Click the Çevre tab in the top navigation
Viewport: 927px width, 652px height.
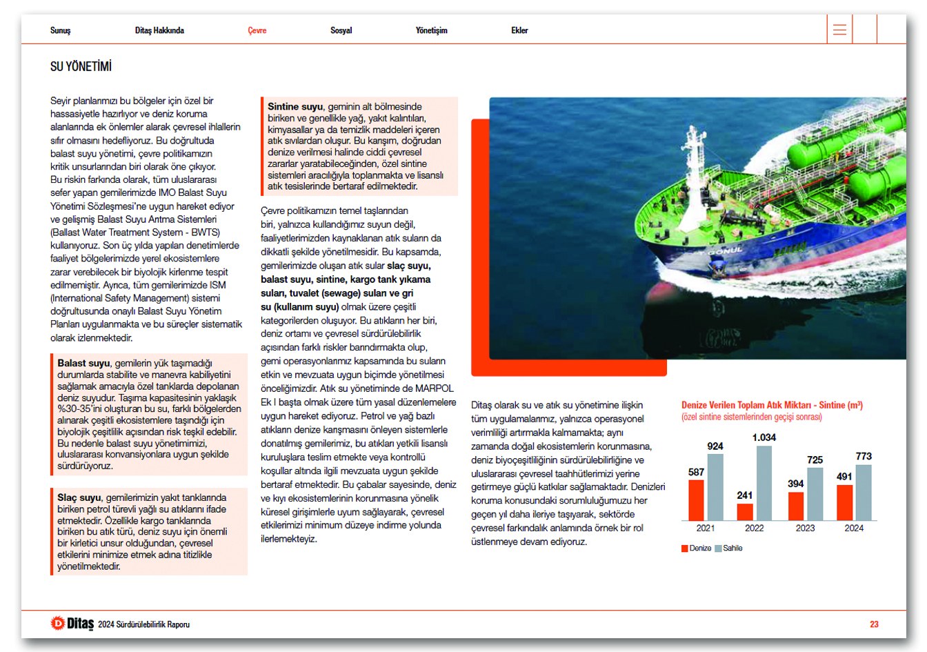[257, 30]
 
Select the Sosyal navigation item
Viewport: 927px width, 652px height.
[341, 30]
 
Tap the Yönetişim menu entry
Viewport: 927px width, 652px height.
[431, 30]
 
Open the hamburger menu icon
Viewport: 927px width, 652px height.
[839, 30]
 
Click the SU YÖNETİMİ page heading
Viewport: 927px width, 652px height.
[81, 67]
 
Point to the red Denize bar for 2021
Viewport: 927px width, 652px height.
[696, 500]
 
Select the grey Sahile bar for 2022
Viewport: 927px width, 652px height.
[764, 483]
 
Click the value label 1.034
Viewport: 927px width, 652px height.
[764, 437]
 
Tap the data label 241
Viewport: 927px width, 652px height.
[744, 495]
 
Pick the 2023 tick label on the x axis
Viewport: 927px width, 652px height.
[805, 528]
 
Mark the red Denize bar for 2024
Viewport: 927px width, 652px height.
[844, 502]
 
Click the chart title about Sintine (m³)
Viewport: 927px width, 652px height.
[772, 405]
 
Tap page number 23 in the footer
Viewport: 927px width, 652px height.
[874, 624]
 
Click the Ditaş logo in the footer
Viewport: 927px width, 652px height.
[72, 623]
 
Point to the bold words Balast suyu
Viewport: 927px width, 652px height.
[83, 363]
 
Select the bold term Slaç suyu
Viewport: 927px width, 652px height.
[79, 497]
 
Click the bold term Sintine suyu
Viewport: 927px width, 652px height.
[295, 107]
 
